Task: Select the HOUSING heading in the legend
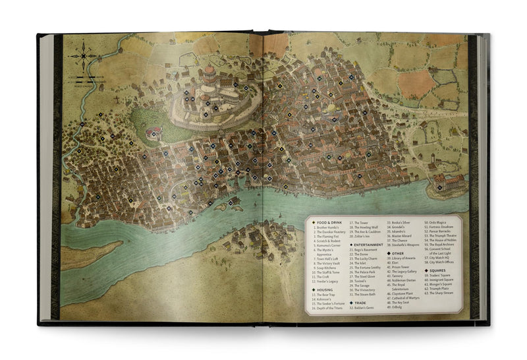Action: tap(323, 289)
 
